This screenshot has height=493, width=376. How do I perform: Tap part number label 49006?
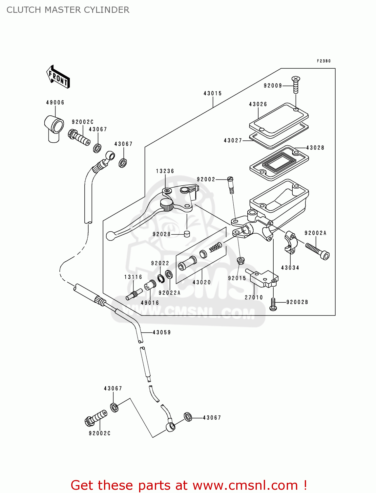point(55,103)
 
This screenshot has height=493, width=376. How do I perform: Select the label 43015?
point(213,93)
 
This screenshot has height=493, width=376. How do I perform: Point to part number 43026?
point(258,104)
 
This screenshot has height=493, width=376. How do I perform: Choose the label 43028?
point(315,148)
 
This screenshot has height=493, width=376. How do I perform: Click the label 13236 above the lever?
point(165,171)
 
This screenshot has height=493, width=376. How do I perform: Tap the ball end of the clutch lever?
point(111,236)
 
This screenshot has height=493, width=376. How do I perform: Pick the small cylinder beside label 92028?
point(187,234)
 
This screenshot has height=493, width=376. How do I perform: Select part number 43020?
point(201,282)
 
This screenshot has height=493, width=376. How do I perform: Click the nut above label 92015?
point(240,261)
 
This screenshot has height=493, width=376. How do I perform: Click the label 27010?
point(254,297)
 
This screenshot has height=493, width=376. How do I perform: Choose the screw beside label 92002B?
point(273,304)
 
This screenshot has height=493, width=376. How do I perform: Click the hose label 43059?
point(162,332)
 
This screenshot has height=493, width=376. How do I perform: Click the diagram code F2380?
point(324,61)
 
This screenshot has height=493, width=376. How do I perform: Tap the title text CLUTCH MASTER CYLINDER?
point(68,10)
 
